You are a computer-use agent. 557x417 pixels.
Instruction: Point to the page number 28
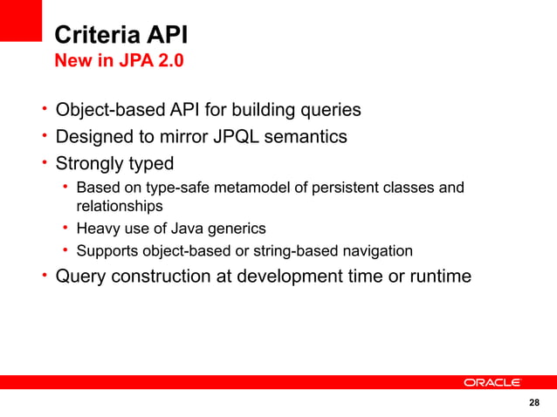click(x=534, y=402)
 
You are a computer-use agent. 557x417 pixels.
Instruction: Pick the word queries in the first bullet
click(x=327, y=111)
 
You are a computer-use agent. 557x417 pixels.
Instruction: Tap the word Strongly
click(x=92, y=163)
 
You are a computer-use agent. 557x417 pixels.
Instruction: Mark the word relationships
click(x=119, y=207)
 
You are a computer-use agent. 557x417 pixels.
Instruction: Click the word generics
click(x=237, y=229)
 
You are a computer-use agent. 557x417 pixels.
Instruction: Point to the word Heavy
click(x=97, y=229)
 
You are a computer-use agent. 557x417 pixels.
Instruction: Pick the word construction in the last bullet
click(x=166, y=277)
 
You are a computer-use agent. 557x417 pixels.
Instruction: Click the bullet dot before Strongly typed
click(x=43, y=163)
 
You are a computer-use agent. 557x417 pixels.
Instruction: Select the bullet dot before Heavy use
click(x=65, y=229)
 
